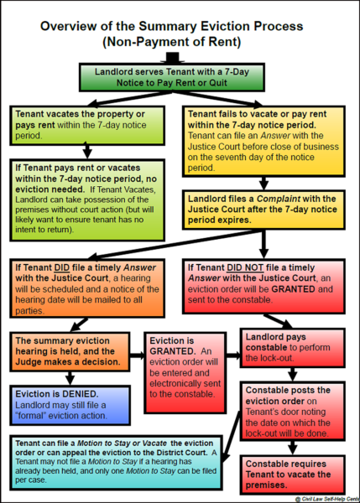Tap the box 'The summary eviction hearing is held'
(70, 352)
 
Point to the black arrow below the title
(180, 57)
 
